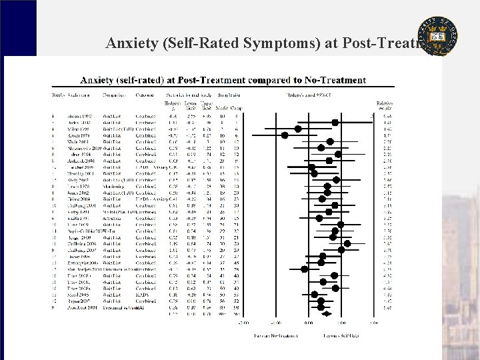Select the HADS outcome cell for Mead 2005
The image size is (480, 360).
click(142, 295)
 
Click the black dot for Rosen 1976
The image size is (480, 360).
click(285, 135)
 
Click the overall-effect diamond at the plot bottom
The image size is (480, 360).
click(327, 313)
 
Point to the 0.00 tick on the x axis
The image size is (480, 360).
click(308, 323)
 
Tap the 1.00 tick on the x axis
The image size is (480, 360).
click(341, 323)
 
